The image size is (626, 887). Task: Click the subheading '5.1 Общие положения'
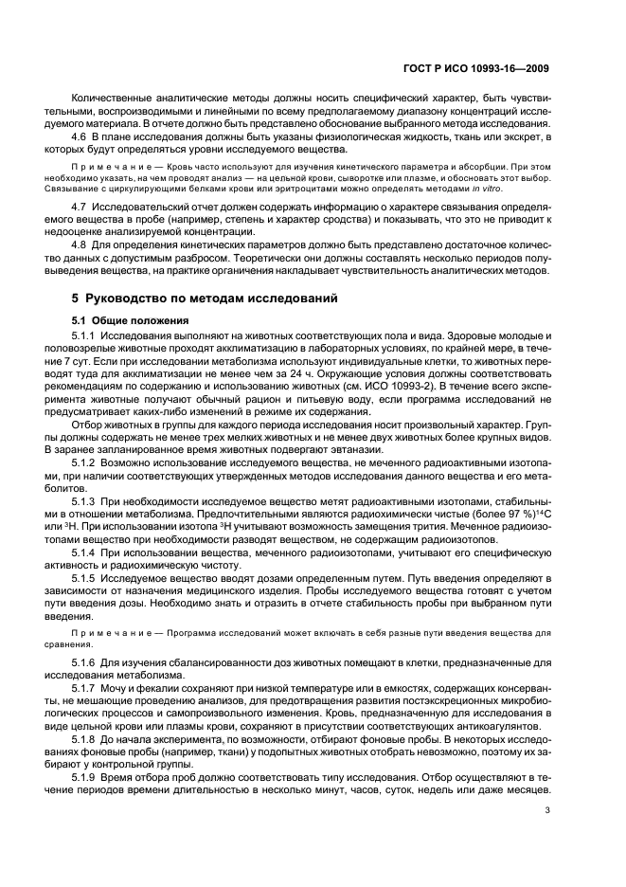[131, 320]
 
